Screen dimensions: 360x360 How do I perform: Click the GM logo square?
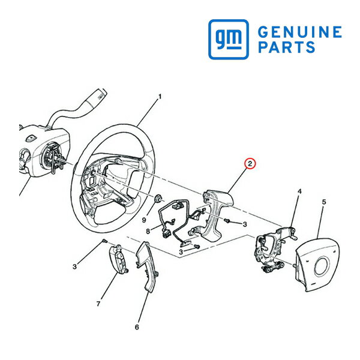pos(229,39)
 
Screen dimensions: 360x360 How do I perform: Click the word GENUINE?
pos(300,32)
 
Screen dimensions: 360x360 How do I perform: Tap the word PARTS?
pos(287,47)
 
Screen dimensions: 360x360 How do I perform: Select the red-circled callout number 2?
pos(250,164)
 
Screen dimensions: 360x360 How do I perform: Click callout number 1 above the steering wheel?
pos(160,97)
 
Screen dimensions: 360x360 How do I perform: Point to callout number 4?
pos(299,191)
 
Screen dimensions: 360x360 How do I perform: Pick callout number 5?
pos(324,202)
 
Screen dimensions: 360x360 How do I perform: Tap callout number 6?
pos(137,327)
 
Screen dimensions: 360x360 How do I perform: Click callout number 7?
pos(98,304)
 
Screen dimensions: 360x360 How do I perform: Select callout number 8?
pos(148,231)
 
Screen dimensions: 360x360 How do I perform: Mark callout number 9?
pos(144,220)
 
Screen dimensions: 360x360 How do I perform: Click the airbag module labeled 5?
pos(317,265)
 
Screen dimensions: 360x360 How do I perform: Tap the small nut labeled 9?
pos(158,199)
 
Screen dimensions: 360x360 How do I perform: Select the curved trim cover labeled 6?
pos(147,266)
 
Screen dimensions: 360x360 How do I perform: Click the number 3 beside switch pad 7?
pos(74,266)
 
